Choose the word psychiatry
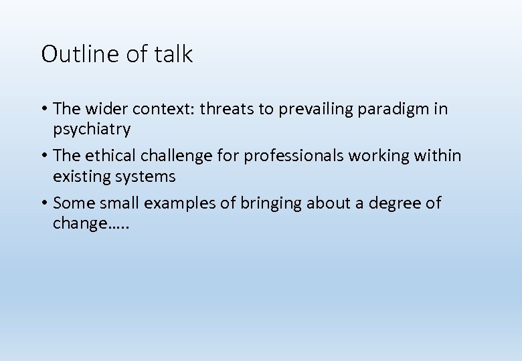(x=92, y=129)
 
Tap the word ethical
(x=109, y=156)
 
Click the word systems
(x=145, y=176)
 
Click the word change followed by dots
(x=90, y=224)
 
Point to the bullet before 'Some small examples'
(x=44, y=203)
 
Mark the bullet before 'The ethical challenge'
(x=44, y=156)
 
